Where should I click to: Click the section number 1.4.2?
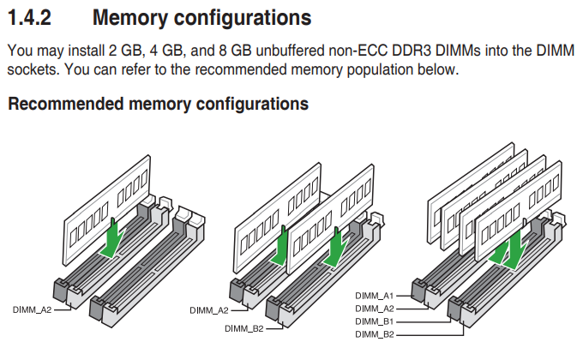click(29, 18)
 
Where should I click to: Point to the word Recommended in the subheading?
click(66, 104)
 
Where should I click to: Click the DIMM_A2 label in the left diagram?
click(32, 309)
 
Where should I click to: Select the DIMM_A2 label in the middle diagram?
click(209, 310)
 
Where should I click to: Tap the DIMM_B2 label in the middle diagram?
click(243, 329)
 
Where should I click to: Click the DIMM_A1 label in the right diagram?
click(375, 296)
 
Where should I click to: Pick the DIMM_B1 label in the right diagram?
click(375, 321)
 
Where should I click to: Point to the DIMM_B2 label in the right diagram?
click(375, 334)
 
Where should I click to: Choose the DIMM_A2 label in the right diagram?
click(375, 309)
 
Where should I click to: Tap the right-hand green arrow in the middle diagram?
click(336, 249)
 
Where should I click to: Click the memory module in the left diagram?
click(106, 210)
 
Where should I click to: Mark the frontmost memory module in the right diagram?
click(519, 211)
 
